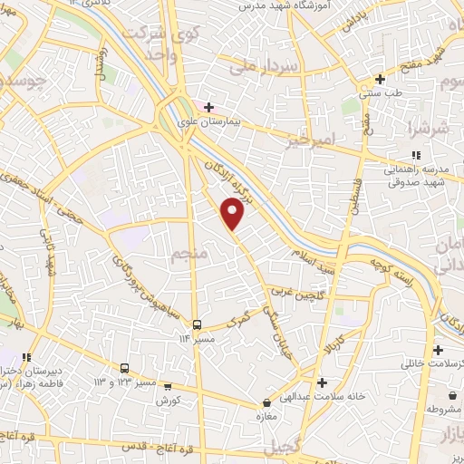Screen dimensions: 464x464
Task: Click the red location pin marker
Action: point(233,213)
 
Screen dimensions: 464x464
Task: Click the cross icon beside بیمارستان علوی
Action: point(209,107)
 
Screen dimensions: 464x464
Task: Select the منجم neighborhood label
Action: point(189,255)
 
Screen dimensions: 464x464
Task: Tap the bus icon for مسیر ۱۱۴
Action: point(196,324)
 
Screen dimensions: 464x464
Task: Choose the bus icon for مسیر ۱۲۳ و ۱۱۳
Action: point(125,369)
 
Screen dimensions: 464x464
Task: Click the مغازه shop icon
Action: point(266,402)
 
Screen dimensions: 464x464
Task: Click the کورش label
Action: point(169,400)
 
